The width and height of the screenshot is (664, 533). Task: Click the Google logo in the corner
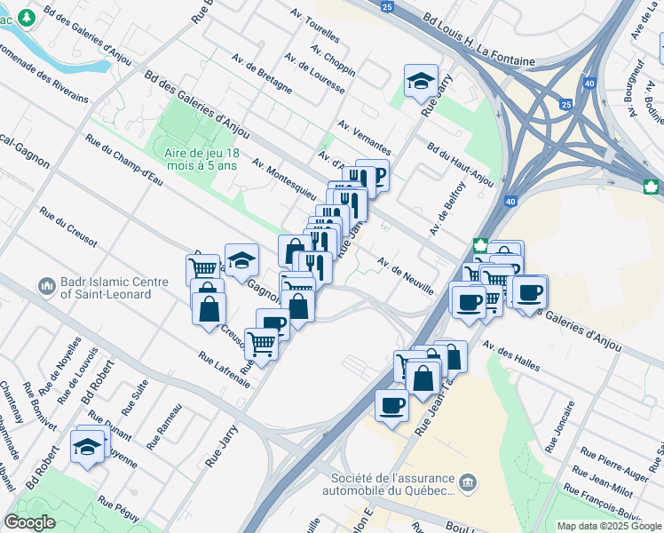tap(29, 522)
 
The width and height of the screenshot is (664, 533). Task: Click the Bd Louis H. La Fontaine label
tap(479, 40)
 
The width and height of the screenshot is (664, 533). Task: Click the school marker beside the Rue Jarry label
tap(421, 82)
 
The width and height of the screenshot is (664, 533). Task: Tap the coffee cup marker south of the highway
tap(391, 407)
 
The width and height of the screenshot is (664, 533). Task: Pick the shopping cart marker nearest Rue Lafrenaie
tap(261, 343)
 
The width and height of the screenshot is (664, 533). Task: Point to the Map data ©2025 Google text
tap(609, 526)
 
